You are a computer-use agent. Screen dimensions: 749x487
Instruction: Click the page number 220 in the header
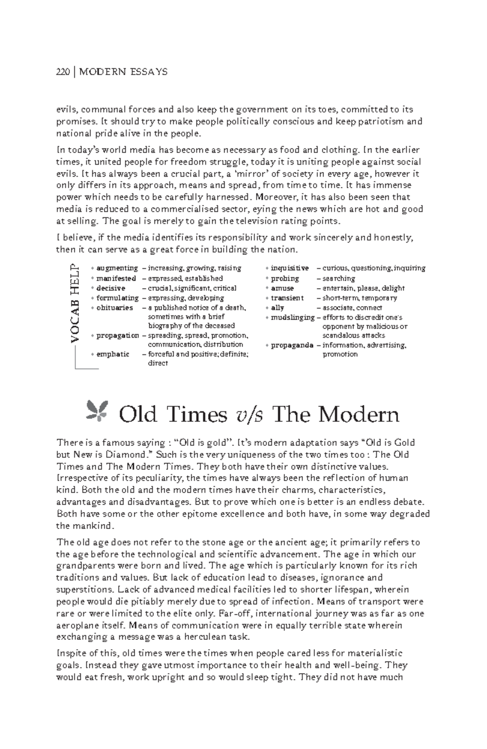tap(62, 72)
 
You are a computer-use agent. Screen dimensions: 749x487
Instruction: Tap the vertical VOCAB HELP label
tap(75, 303)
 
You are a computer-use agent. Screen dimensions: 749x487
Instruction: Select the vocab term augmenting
tap(117, 268)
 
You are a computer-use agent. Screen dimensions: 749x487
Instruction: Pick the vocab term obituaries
tap(114, 308)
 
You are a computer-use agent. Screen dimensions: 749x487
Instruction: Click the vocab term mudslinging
tap(292, 317)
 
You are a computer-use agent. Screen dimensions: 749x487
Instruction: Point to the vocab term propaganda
tap(292, 345)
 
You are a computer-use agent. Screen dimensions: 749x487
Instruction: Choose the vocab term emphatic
tap(112, 354)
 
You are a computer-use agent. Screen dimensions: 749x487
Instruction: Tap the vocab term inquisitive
tap(289, 268)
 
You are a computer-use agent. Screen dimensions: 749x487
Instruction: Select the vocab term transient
tap(287, 298)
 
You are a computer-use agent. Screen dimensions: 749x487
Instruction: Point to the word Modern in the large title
tap(358, 415)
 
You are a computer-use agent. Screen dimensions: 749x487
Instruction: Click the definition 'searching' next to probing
tap(338, 278)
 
